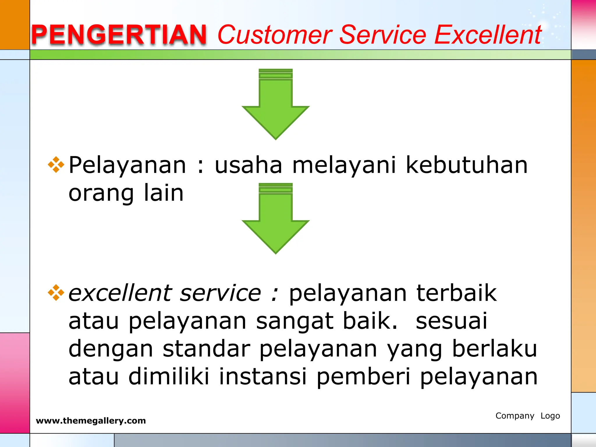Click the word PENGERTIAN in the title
point(119,35)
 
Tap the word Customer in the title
point(275,35)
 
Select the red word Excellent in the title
point(488,35)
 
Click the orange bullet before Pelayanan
point(56,165)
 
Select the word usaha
point(248,165)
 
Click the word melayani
point(344,165)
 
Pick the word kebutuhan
point(466,165)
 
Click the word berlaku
point(494,349)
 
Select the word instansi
point(263,376)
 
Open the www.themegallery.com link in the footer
point(91,421)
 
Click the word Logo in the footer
point(550,416)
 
